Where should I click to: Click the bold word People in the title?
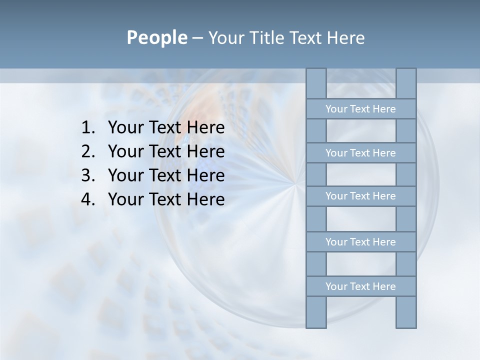(156, 37)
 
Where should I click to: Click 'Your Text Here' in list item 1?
(166, 128)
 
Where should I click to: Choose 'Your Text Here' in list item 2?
(166, 151)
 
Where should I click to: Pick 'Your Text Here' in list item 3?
(166, 175)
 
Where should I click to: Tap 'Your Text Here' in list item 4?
(166, 199)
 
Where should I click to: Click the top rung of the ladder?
(360, 109)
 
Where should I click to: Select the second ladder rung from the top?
(360, 153)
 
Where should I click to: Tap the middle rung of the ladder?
(360, 196)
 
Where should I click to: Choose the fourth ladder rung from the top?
(360, 242)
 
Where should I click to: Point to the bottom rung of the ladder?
(360, 286)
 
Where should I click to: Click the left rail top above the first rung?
(316, 83)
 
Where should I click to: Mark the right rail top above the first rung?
(406, 83)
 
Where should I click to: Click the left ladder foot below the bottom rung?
(316, 312)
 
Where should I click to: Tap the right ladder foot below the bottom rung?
(406, 312)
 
